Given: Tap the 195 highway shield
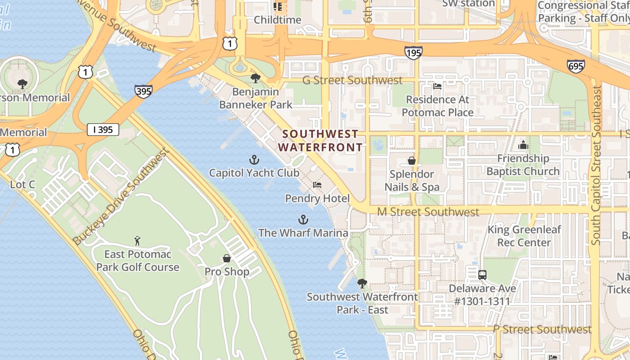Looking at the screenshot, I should [413, 53].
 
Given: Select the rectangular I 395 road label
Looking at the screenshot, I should [103, 130].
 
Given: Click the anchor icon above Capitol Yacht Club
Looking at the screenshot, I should [254, 160].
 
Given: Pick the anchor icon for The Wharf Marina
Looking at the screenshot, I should [303, 220].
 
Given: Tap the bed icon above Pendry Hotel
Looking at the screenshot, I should [317, 185].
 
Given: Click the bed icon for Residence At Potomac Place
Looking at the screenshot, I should [437, 86].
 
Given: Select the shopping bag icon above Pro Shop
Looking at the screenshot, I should [227, 258].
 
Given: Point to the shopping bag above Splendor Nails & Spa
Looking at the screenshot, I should [411, 161].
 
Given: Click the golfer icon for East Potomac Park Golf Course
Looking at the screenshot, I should [138, 241].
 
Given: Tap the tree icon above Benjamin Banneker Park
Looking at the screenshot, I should [255, 78].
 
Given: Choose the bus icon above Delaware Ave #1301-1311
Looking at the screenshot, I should [482, 274].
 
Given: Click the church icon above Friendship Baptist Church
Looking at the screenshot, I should [523, 145].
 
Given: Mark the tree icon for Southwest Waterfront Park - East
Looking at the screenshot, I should [362, 283].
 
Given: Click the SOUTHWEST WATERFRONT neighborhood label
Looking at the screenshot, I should [320, 140].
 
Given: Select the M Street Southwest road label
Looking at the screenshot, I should [428, 211].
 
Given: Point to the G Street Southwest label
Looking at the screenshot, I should [352, 80].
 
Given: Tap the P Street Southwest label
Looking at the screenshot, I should [542, 329].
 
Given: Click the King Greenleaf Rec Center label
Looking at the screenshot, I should [525, 236].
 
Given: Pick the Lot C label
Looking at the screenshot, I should [22, 184].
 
